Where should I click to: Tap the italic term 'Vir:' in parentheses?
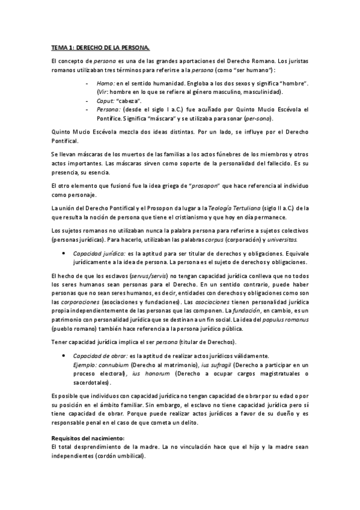(103, 91)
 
